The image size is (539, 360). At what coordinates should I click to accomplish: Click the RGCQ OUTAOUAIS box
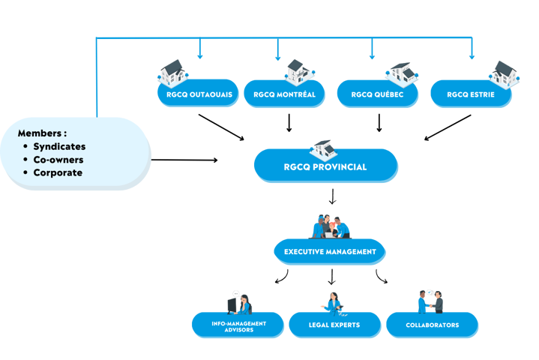pyautogui.click(x=198, y=94)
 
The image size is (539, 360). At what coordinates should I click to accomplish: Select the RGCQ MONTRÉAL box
pyautogui.click(x=279, y=94)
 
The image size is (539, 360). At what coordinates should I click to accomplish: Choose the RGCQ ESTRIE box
pyautogui.click(x=471, y=94)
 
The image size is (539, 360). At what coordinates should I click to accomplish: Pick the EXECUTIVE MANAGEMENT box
pyautogui.click(x=330, y=252)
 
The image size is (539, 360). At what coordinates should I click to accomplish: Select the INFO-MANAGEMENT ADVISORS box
pyautogui.click(x=238, y=325)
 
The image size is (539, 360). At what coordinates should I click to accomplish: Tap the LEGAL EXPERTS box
pyautogui.click(x=334, y=325)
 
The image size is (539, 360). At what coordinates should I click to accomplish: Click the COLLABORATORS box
pyautogui.click(x=432, y=325)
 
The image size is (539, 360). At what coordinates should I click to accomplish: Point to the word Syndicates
pyautogui.click(x=59, y=146)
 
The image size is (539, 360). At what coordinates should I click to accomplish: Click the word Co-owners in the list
pyautogui.click(x=58, y=160)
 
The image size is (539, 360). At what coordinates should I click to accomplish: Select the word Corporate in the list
pyautogui.click(x=58, y=172)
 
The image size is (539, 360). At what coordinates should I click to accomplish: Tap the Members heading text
pyautogui.click(x=42, y=133)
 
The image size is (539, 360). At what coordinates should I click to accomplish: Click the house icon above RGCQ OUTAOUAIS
pyautogui.click(x=172, y=72)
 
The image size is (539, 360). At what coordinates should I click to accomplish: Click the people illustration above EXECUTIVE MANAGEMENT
pyautogui.click(x=331, y=226)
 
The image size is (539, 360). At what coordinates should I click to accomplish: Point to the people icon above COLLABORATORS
pyautogui.click(x=430, y=301)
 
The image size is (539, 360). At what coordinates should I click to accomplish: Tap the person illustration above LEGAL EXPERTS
pyautogui.click(x=333, y=302)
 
